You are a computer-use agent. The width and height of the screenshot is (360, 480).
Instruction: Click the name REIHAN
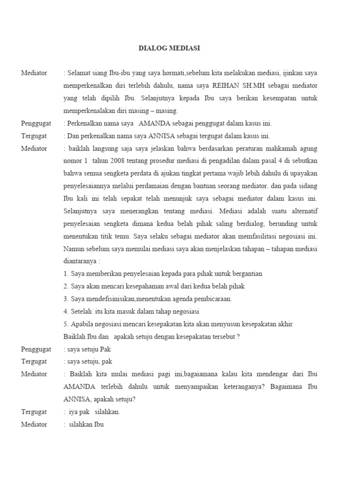pos(228,86)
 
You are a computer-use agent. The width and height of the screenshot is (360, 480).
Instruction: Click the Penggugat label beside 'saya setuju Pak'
pos(36,349)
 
